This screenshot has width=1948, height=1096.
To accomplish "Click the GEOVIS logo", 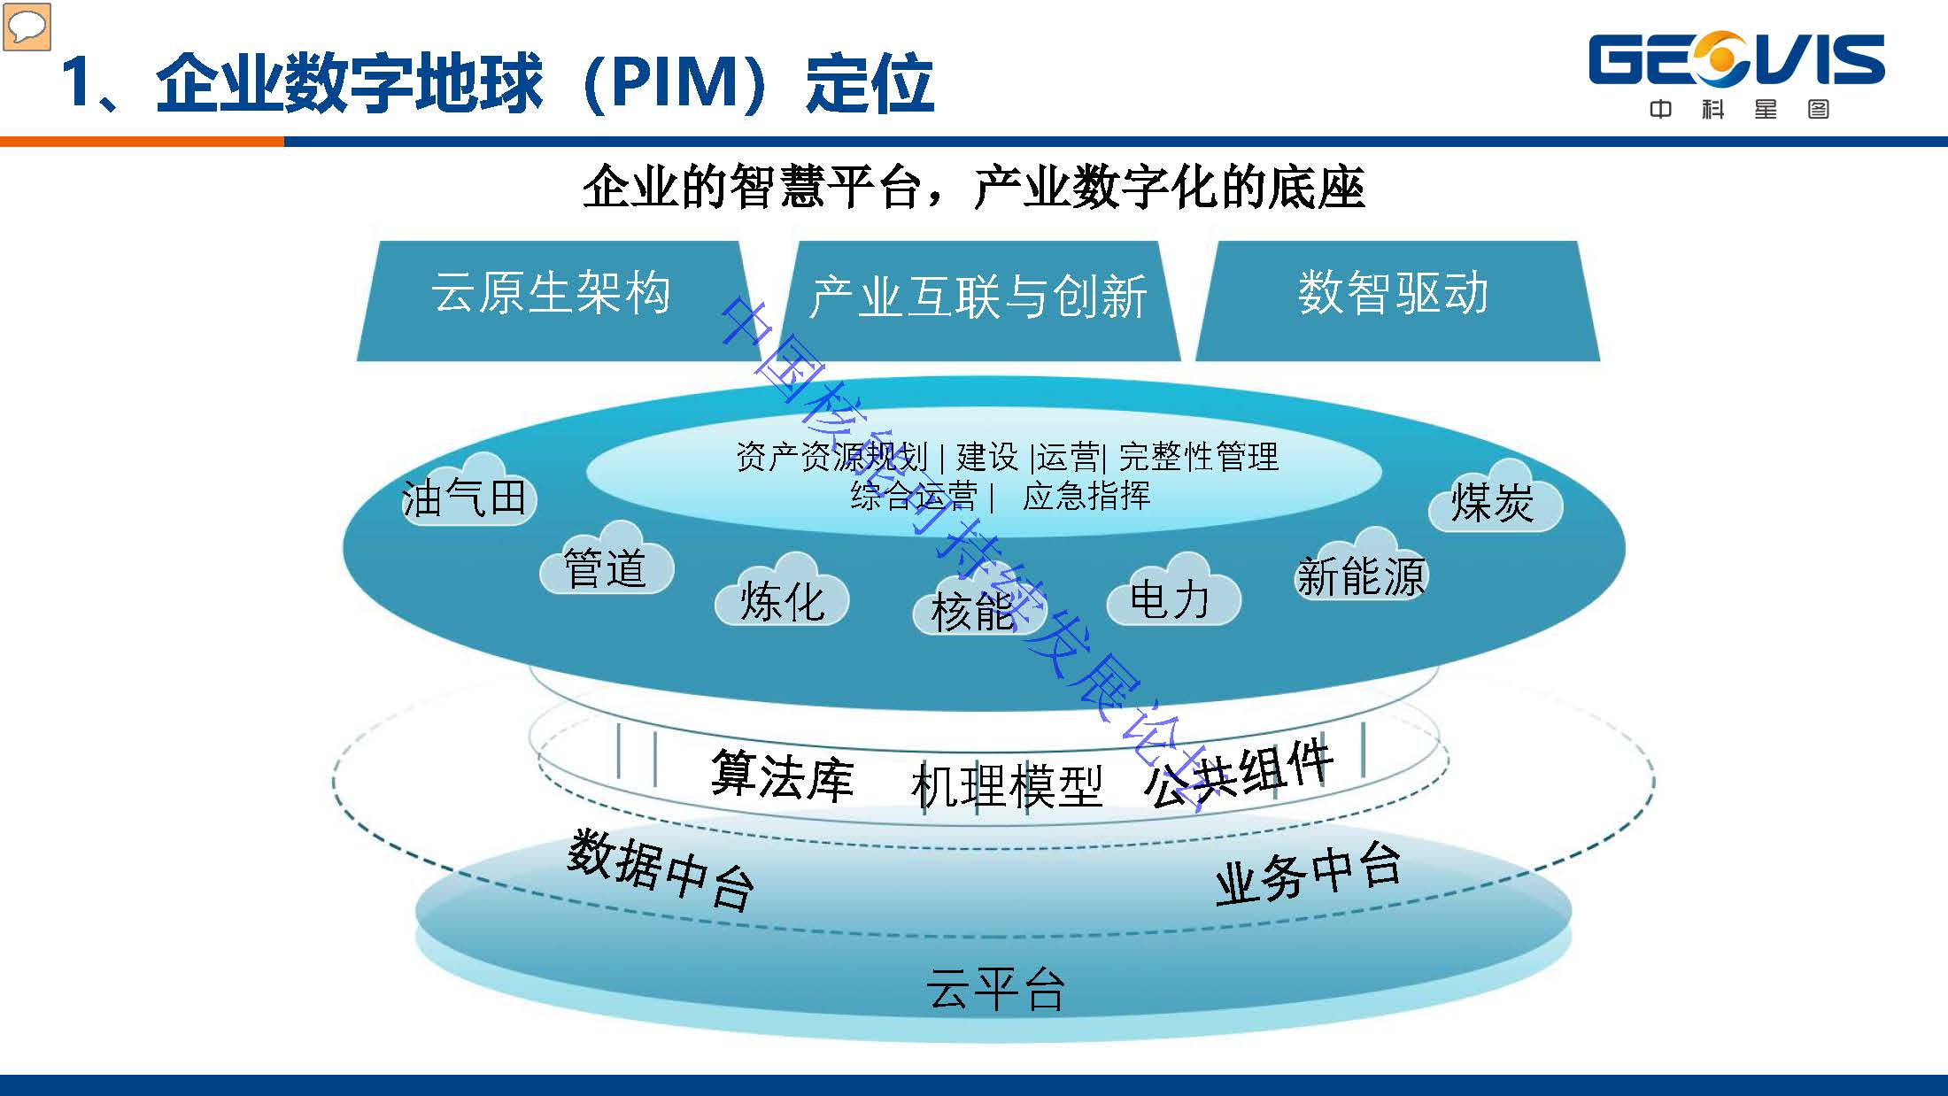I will tap(1736, 74).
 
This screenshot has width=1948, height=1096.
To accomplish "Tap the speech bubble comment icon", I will tap(27, 27).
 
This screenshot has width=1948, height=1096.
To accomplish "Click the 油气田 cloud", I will tap(467, 496).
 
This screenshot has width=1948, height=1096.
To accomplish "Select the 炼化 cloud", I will tap(782, 598).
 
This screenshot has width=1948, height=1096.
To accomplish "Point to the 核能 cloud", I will tap(974, 607).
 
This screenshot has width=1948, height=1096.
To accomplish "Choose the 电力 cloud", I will tap(1171, 597).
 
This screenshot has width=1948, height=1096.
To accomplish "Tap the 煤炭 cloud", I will tap(1494, 501).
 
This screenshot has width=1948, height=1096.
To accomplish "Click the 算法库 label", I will tap(782, 776).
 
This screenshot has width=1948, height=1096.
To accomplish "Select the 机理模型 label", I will tap(1006, 784).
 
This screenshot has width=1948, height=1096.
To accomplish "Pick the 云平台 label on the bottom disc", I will tap(995, 988).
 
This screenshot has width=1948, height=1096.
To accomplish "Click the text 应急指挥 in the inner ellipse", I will tap(1086, 497).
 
